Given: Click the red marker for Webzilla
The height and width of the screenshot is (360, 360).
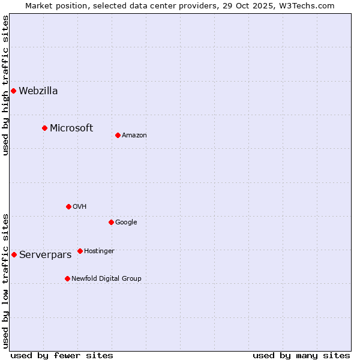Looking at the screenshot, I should (14, 91).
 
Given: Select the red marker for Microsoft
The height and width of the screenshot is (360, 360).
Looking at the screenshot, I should (44, 128).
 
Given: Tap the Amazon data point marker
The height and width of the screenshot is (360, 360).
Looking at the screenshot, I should (118, 135).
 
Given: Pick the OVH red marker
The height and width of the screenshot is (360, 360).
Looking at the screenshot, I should (68, 206).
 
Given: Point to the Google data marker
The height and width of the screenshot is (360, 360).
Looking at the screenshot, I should (111, 222).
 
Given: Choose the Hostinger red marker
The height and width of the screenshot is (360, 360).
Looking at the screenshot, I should (80, 251).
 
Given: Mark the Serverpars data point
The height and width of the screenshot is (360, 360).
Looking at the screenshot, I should (14, 254).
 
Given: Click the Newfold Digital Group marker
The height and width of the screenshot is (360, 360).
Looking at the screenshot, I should (67, 278).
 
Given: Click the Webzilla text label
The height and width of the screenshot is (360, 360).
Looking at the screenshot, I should (38, 91).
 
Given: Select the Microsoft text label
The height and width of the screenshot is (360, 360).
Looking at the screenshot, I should (71, 128).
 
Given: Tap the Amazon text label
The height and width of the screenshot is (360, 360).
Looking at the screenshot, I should (134, 136).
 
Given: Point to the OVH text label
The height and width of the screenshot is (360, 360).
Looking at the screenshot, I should (80, 207).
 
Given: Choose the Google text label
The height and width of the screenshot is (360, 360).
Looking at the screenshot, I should (126, 223).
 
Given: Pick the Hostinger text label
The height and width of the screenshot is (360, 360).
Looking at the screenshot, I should (99, 251).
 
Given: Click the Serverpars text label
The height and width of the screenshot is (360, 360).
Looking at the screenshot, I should (46, 255).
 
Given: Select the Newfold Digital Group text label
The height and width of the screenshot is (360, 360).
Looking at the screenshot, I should (106, 279).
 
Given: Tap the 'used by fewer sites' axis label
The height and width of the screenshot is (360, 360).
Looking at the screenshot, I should (62, 355).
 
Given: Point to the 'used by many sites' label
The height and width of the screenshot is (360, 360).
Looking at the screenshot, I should (301, 355).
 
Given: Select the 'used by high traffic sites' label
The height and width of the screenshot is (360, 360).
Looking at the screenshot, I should (6, 85).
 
